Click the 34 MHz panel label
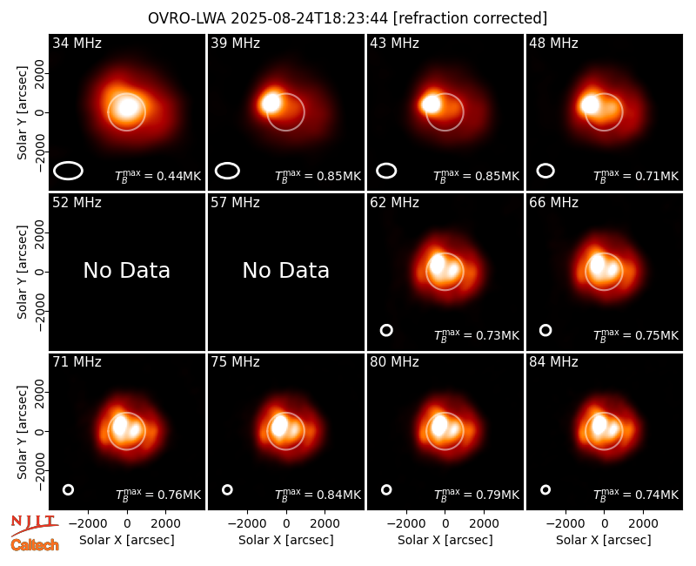point(77,43)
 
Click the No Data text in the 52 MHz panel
point(127,270)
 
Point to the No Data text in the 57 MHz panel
point(286,270)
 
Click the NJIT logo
point(34,525)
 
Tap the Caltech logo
point(35,545)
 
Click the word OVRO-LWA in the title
point(187,18)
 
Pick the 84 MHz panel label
point(553,362)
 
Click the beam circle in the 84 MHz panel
point(545,486)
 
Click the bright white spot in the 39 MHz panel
point(271,103)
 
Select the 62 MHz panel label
point(395,203)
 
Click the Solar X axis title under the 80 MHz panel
point(445,540)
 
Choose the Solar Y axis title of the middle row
point(23,272)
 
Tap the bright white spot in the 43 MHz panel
point(430,104)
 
